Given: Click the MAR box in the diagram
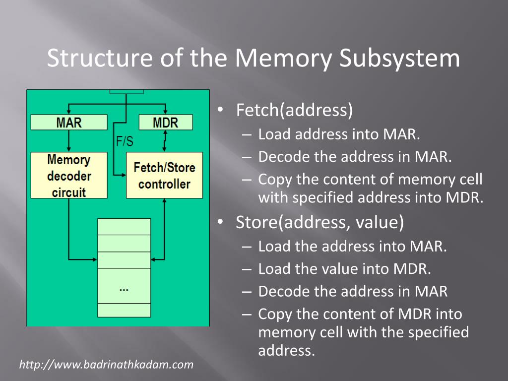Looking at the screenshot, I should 69,123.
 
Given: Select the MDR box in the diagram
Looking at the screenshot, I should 165,123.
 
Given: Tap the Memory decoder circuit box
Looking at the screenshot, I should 69,176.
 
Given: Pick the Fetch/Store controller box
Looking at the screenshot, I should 164,176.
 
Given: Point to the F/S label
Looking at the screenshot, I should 125,142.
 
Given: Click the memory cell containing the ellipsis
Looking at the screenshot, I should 124,286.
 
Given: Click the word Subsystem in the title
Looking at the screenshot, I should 400,59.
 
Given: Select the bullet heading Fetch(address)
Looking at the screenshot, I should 295,110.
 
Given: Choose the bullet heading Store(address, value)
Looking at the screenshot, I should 320,222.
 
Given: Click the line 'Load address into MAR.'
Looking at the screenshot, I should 339,134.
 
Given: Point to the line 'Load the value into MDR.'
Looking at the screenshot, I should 345,269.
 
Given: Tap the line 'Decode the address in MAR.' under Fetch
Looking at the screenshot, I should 355,157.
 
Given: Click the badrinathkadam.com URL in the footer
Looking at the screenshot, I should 106,365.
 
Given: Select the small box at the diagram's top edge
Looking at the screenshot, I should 127,92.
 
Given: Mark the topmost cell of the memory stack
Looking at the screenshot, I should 124,227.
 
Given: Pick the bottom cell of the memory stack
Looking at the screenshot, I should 124,310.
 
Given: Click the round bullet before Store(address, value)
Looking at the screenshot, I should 221,222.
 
